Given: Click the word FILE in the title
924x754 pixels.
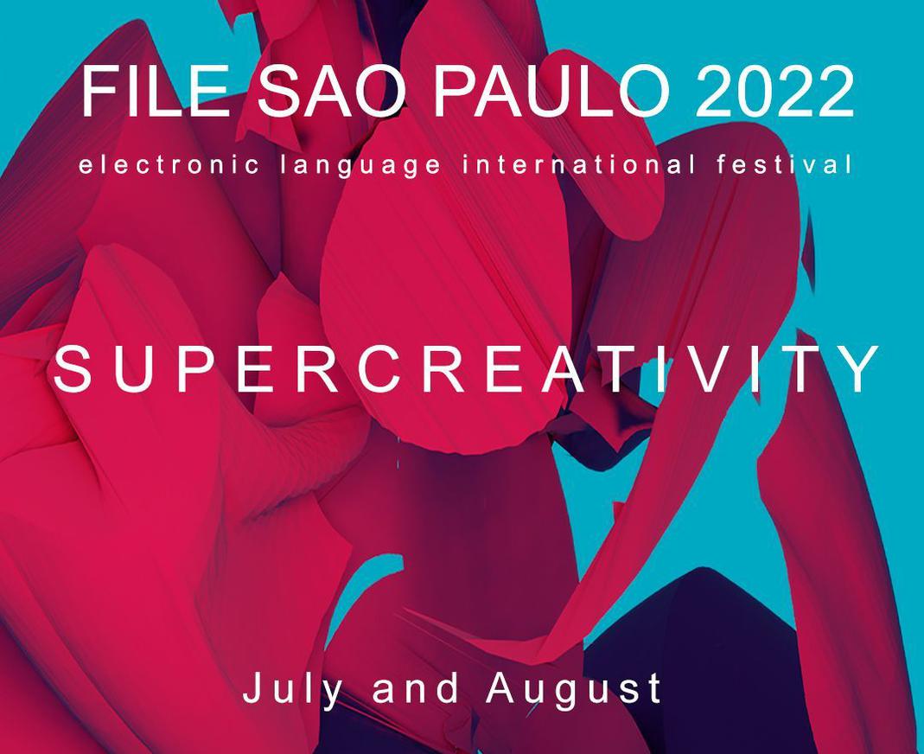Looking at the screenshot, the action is point(155,92).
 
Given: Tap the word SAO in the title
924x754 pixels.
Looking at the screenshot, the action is point(333,92).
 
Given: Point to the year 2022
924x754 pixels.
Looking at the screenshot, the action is point(774,92).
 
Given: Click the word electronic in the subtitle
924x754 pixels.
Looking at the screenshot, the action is point(169,164).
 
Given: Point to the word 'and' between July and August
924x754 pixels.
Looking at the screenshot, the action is point(415,687).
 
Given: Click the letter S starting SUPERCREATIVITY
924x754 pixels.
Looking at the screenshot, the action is point(73,369).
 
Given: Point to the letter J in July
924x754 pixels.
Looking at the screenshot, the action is point(252,687).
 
